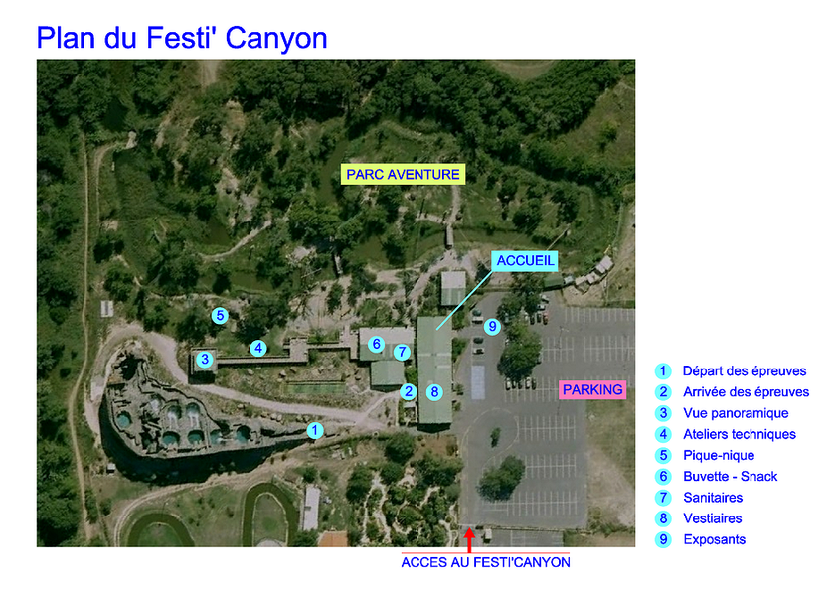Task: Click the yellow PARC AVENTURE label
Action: [x=404, y=174]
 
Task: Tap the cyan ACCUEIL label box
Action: [x=525, y=260]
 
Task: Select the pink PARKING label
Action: [x=592, y=390]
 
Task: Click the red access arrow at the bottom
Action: [x=469, y=540]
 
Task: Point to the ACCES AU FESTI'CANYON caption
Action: [x=485, y=562]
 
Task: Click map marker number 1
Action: [x=315, y=430]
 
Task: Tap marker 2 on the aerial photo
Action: [x=409, y=392]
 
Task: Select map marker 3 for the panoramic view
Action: [x=205, y=360]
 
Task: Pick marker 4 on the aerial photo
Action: [x=258, y=349]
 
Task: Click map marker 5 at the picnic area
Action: [x=220, y=316]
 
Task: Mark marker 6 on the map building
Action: [x=376, y=345]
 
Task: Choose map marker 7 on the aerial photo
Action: [x=402, y=352]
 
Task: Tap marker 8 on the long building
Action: [x=434, y=392]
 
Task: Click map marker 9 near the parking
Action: [x=493, y=326]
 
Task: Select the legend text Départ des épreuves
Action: [x=745, y=371]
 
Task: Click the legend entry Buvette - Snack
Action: [x=730, y=476]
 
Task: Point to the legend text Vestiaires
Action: [x=713, y=518]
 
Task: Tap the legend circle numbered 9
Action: [x=663, y=539]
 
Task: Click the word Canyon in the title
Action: [x=276, y=39]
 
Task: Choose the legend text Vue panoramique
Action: [x=736, y=413]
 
